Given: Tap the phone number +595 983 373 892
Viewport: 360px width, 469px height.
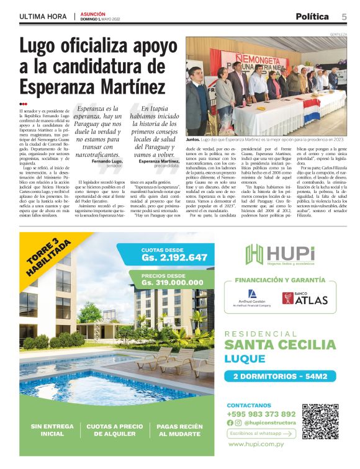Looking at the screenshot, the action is coord(261,414).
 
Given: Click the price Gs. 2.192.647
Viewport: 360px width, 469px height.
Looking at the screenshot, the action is coord(174,257).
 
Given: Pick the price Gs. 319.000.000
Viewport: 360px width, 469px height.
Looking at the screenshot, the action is coord(174,282).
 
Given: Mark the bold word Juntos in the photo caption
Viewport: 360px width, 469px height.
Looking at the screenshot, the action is coord(193,140).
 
